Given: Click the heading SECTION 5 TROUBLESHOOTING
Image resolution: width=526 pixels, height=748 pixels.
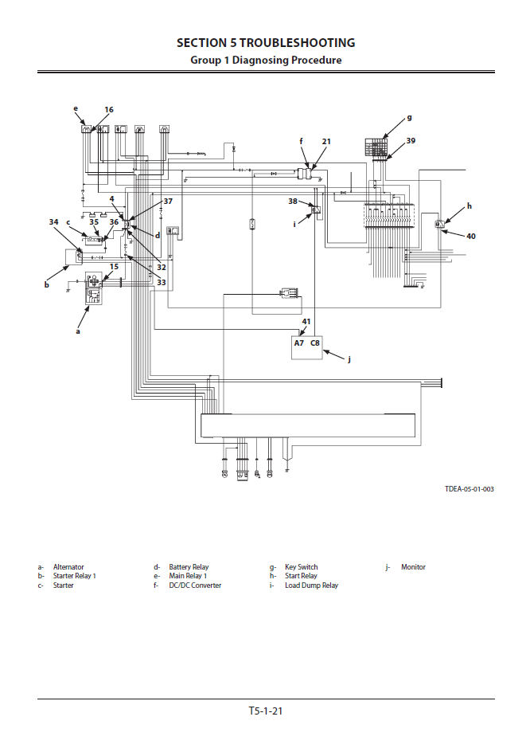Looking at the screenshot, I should pos(266,43).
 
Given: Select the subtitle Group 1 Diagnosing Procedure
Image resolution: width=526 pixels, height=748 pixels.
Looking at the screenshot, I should pos(266,60).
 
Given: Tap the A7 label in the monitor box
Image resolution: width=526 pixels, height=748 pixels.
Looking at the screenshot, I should pos(299,343).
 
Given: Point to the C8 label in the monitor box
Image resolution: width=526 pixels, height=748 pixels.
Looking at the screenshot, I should pos(315,343).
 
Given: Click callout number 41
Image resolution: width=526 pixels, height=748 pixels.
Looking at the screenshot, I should pos(306,321).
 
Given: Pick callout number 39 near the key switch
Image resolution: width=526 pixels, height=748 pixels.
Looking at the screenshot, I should pos(411,141).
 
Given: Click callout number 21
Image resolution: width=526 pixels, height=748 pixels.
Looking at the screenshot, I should pos(326,141).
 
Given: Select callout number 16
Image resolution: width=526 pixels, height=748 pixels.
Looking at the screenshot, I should pos(109,109).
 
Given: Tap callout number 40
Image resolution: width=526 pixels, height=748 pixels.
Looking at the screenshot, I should pos(470,236).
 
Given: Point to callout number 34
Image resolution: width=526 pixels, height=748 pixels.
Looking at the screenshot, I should pos(54,221).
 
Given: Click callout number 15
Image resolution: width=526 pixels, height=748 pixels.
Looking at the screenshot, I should pos(114,267).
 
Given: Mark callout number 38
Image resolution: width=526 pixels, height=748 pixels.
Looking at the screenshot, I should pos(293,202).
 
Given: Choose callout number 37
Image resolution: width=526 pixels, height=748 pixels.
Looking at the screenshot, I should pos(168,202).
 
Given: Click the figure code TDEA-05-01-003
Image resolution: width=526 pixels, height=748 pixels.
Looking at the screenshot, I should pos(469,489).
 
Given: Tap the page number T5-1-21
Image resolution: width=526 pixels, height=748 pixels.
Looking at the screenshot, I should pos(266,711).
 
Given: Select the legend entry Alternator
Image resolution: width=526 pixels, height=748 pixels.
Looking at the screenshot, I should pos(68,567).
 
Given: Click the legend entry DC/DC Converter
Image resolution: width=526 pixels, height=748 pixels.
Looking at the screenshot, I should pos(195,585).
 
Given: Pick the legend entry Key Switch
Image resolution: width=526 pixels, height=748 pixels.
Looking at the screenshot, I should pos(301,567).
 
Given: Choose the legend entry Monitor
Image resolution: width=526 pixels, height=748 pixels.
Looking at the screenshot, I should pos(413,567).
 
